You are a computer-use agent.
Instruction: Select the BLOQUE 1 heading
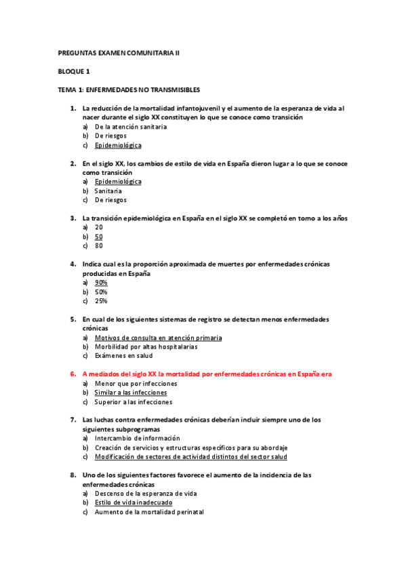(74, 71)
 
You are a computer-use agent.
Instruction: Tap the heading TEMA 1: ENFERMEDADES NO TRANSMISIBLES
(128, 90)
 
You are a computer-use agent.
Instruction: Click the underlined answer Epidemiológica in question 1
(118, 145)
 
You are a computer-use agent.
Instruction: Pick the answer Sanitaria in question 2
(108, 191)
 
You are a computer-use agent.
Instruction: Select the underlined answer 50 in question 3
(99, 237)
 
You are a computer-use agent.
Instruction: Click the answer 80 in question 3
(99, 246)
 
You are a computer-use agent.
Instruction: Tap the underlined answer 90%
(101, 283)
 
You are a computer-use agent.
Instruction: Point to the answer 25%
(101, 301)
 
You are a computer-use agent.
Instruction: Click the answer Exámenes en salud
(123, 356)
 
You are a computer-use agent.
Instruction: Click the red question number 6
(73, 374)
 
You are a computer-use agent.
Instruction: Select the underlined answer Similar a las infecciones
(131, 393)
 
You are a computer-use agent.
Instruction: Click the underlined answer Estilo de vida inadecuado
(134, 503)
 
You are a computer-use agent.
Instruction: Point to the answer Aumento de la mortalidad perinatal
(149, 513)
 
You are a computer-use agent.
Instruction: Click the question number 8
(73, 475)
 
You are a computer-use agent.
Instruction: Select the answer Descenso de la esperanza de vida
(146, 494)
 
